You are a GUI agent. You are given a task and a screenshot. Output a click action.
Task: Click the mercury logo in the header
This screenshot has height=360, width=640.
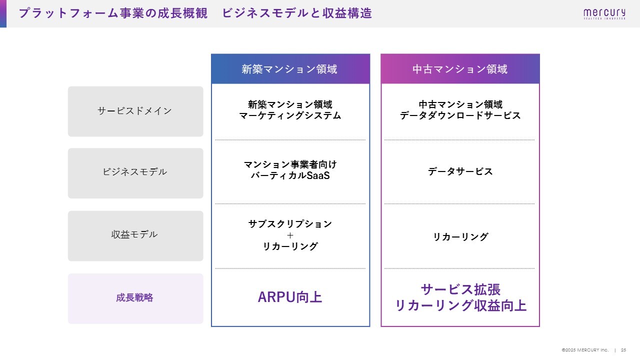coord(604,13)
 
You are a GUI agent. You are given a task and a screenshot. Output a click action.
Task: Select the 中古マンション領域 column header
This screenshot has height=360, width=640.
coord(460,69)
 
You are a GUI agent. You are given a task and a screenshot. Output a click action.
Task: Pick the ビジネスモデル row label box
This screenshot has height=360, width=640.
coord(135,173)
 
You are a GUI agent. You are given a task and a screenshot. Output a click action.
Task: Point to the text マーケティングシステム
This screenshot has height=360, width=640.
coord(290,115)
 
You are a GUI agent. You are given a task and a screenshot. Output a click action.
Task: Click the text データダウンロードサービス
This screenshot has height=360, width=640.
coord(460,115)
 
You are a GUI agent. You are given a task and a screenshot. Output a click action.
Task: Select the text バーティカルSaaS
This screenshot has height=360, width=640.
coord(290,175)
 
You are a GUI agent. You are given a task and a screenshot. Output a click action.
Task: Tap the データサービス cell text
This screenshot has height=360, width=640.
coord(460,171)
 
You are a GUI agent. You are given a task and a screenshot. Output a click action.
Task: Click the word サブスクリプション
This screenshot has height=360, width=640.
coord(290,224)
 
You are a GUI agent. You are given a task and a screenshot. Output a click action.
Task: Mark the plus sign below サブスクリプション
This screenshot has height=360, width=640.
coord(290,235)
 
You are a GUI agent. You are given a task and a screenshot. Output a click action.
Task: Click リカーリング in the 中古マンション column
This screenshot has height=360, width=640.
coord(460,236)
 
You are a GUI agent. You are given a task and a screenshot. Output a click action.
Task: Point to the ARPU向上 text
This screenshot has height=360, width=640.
coord(290,297)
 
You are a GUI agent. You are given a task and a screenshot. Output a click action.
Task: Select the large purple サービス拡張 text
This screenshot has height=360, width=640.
coord(460,289)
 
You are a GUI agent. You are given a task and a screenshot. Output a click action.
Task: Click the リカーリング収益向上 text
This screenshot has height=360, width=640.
coord(460,305)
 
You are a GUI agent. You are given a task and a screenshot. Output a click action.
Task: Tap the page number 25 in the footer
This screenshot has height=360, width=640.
coord(623,350)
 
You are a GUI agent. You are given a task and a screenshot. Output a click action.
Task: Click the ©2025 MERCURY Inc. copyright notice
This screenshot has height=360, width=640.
coord(585,350)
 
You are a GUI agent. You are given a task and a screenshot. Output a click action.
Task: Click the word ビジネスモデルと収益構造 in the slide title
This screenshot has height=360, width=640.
coord(297,13)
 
